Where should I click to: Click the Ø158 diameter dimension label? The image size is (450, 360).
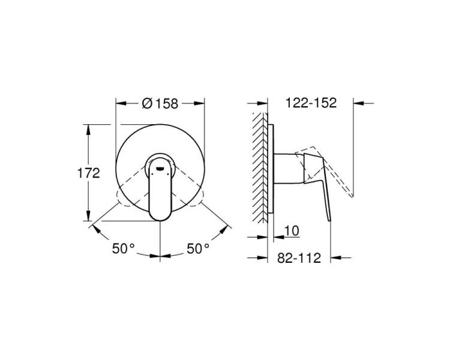click(160, 103)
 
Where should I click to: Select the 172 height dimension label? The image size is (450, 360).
click(89, 173)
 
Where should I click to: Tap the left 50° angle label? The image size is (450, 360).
click(124, 248)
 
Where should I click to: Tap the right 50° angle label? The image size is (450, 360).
click(199, 248)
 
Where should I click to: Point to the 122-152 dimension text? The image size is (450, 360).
click(311, 103)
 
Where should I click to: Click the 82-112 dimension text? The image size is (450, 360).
click(299, 258)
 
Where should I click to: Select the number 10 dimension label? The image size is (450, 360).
click(292, 230)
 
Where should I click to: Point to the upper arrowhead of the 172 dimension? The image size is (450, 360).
click(88, 129)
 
